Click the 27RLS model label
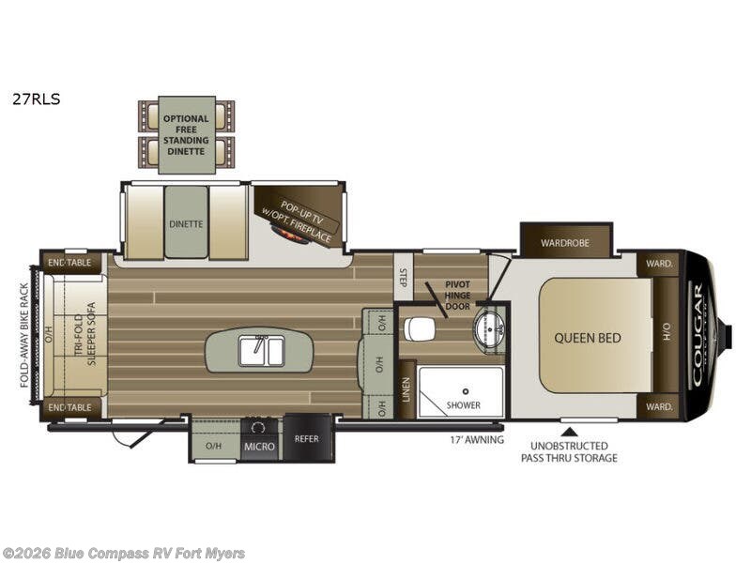click(x=36, y=97)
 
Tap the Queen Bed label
click(x=587, y=338)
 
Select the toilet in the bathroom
click(x=420, y=329)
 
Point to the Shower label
click(x=463, y=405)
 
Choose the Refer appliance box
click(x=307, y=438)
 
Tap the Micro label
click(x=259, y=447)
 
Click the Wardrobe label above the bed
click(x=564, y=243)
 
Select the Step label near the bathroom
click(x=404, y=278)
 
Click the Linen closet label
click(x=407, y=388)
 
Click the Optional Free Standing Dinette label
click(x=186, y=134)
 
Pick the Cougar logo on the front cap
click(x=699, y=335)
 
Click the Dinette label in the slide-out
click(x=186, y=224)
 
